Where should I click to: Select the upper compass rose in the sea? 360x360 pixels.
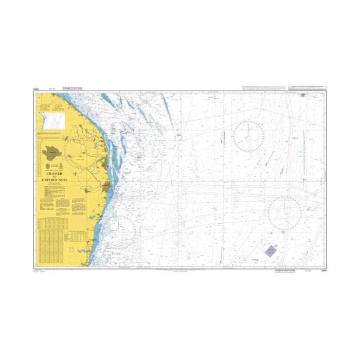coord(248,135)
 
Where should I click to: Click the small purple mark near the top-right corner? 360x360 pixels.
coord(303,95)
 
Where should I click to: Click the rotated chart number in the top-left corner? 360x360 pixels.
coord(37,88)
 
